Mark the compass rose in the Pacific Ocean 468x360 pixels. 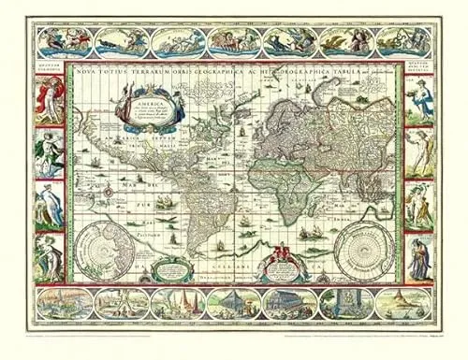coord(109,191)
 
